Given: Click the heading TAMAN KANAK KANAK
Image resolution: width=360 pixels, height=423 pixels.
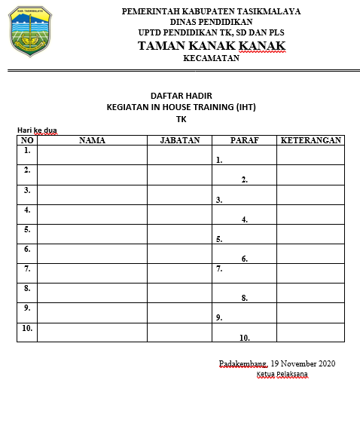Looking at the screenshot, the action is click(211, 47).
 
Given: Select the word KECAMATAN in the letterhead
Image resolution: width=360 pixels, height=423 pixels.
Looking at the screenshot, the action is click(211, 58).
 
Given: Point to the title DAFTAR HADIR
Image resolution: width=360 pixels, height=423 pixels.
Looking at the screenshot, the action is click(182, 96).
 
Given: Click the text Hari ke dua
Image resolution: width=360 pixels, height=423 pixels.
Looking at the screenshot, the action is click(37, 130).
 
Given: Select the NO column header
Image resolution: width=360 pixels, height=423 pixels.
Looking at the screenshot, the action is click(27, 140).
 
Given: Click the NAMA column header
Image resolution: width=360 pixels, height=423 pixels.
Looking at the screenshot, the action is click(92, 140).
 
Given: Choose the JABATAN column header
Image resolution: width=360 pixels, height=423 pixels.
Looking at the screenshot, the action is click(179, 140).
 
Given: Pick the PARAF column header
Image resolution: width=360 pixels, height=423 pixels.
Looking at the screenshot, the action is click(244, 140).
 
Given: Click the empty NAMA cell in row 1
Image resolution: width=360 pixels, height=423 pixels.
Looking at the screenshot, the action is click(92, 155).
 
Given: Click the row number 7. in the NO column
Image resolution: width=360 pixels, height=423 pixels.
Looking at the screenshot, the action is click(27, 268).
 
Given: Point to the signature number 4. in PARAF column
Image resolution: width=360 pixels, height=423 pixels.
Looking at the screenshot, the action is click(245, 220).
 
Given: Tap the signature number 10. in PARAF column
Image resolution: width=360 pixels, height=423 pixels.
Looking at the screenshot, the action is click(244, 338).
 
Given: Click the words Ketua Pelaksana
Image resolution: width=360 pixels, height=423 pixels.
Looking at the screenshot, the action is click(282, 375).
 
